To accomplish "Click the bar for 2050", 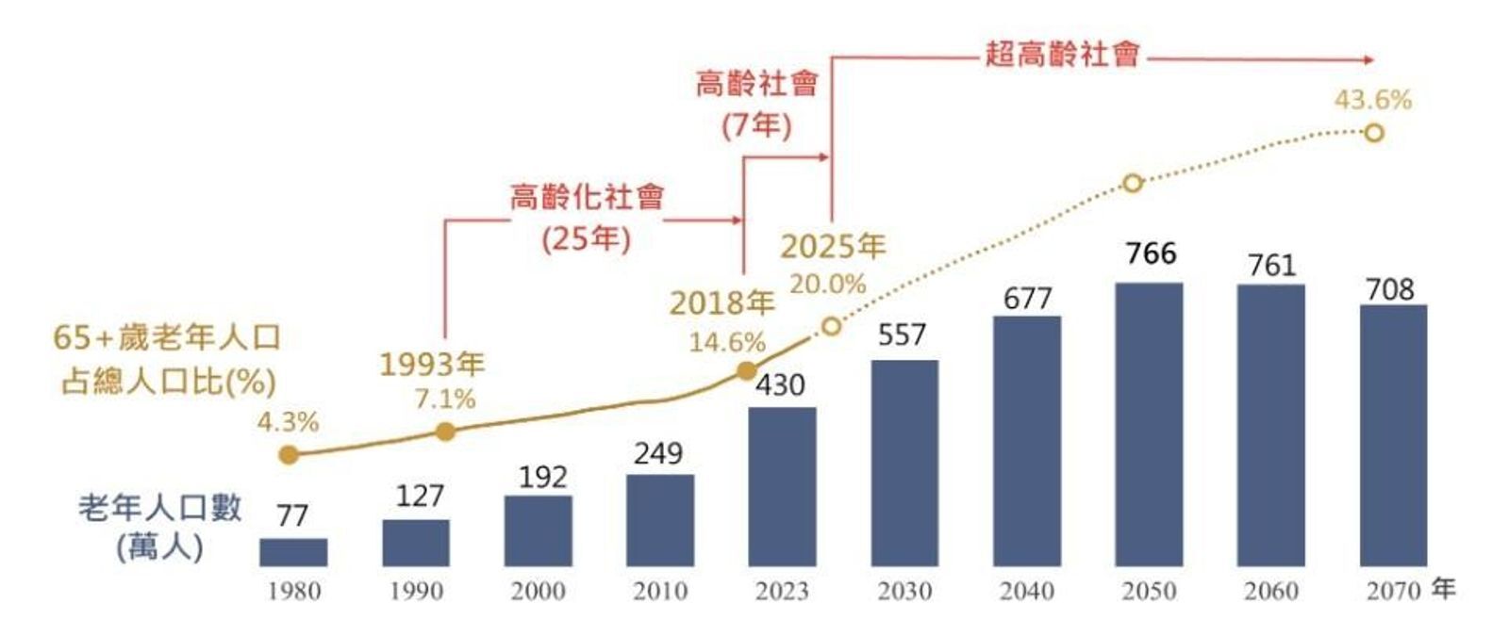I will click(1148, 424).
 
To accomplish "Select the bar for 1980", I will click(293, 552).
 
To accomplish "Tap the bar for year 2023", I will click(782, 486).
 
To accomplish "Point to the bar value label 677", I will click(1026, 299).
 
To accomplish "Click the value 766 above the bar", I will click(1150, 253).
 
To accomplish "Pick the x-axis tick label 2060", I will click(1270, 592).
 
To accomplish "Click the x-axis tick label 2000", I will click(538, 592).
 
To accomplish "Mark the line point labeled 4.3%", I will click(289, 455).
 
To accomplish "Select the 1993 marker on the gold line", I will click(445, 432).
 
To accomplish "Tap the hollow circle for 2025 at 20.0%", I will click(830, 326).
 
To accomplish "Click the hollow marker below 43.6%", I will click(1373, 133).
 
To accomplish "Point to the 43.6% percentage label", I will click(1372, 100).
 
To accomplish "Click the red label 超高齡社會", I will click(1062, 54).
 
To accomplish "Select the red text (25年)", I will click(586, 238).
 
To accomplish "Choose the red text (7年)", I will click(756, 124).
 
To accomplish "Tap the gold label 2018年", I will click(721, 302).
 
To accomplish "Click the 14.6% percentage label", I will click(726, 342).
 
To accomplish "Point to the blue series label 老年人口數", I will click(159, 508).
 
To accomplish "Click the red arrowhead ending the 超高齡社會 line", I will click(1368, 59).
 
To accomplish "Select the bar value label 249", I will click(658, 453).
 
